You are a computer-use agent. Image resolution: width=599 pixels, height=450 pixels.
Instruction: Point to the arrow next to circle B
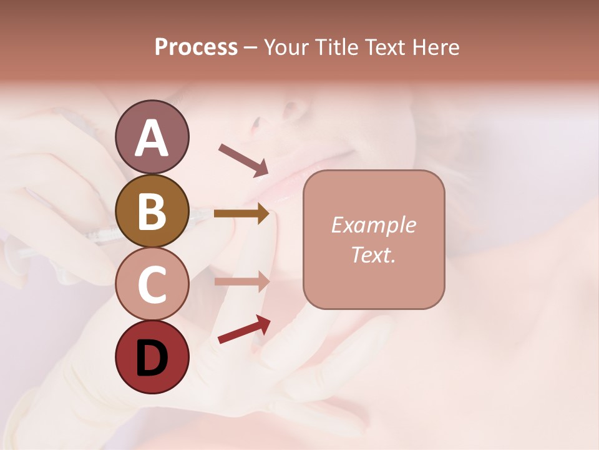pos(241,214)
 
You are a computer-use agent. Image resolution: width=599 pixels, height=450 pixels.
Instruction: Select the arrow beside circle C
pos(241,281)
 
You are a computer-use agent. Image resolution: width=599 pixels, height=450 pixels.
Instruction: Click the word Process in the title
pos(196,47)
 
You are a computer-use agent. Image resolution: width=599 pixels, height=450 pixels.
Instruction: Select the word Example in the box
pos(373,225)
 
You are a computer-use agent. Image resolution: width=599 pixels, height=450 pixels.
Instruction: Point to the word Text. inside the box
pos(373,254)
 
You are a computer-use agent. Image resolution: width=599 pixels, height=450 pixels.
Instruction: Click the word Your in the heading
pos(286,47)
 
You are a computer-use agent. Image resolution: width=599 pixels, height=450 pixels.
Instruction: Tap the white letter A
pos(152,138)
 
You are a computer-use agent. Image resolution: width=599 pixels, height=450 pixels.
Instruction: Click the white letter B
pos(152,212)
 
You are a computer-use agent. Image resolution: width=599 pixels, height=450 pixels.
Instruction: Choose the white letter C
pos(152,285)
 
